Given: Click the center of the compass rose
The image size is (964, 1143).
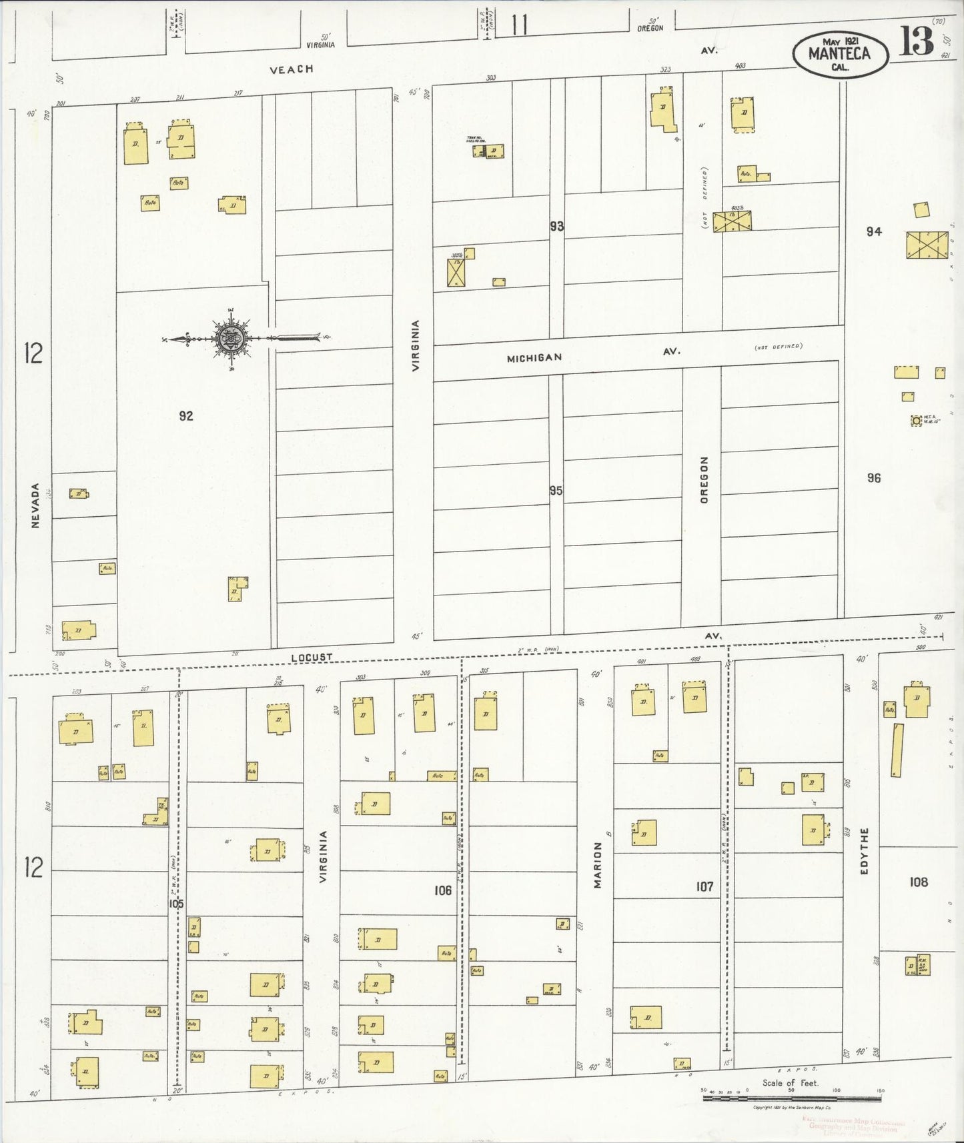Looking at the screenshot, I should tap(231, 339).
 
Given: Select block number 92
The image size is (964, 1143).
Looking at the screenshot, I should tap(186, 415).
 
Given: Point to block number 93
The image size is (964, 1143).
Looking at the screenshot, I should tap(556, 226).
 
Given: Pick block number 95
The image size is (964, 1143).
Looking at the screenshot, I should tap(556, 491).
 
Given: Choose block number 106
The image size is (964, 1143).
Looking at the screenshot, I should tap(442, 890).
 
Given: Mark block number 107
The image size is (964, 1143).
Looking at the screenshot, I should tap(704, 886).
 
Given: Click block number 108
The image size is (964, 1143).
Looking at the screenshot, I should tap(919, 882).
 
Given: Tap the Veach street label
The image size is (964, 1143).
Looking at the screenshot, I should tap(291, 69).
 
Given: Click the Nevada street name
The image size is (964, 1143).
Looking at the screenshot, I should tap(36, 505).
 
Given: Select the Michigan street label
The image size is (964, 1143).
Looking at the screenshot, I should tap(534, 358).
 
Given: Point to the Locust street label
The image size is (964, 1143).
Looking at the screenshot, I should tap(312, 657).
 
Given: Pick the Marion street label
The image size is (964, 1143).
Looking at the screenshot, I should tap(598, 864).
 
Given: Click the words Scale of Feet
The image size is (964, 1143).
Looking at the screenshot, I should tap(790, 1082).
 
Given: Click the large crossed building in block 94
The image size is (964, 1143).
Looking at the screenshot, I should tap(927, 245).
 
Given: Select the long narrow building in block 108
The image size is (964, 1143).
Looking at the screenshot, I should tap(897, 749).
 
